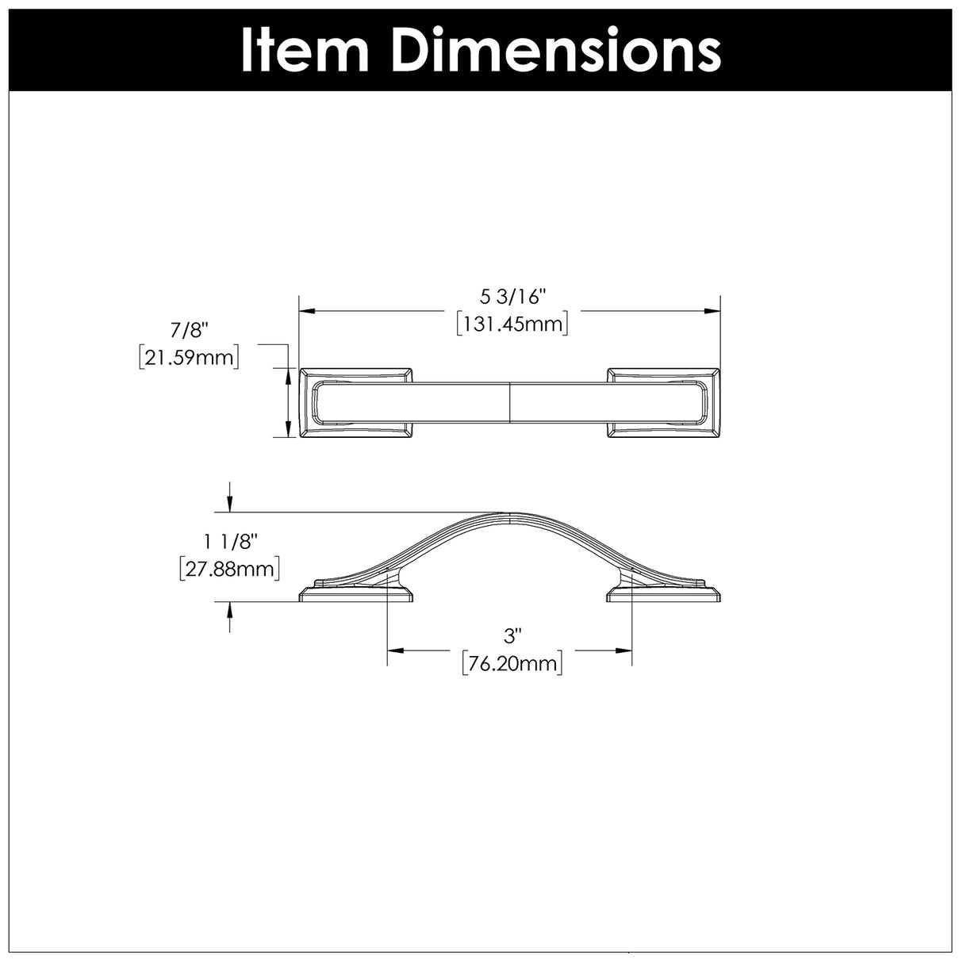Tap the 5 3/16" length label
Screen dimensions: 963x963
click(512, 297)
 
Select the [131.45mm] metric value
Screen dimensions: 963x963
click(512, 324)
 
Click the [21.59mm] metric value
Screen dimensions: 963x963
click(188, 358)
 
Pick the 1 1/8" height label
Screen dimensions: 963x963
click(231, 542)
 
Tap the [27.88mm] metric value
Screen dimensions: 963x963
click(230, 569)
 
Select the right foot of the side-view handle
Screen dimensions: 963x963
click(662, 593)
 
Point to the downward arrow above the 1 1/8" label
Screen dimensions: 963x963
click(230, 503)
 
